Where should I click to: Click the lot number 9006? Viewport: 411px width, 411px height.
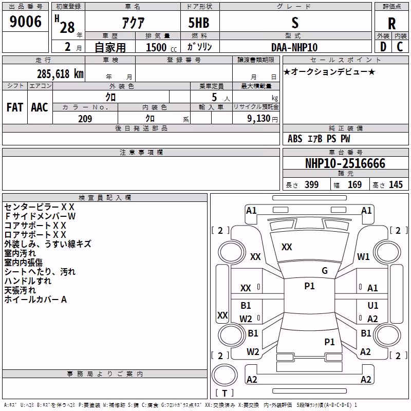click(x=25, y=22)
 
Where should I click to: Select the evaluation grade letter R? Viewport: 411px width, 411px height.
click(x=391, y=24)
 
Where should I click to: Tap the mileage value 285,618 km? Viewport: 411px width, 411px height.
click(x=60, y=74)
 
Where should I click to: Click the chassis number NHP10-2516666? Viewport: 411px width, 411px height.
click(x=345, y=163)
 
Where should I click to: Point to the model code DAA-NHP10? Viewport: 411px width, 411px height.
click(x=294, y=47)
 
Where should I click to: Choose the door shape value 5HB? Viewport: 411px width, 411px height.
click(x=199, y=23)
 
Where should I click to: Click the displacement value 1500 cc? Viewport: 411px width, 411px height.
click(x=161, y=47)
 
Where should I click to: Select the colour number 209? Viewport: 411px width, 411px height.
click(x=85, y=119)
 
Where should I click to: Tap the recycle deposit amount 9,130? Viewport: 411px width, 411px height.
click(x=259, y=119)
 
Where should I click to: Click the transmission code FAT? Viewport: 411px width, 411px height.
click(x=15, y=107)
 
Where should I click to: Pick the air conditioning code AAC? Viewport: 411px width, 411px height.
click(x=40, y=107)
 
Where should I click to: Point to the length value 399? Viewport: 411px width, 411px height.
click(x=312, y=184)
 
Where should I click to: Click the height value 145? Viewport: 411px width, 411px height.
click(x=396, y=184)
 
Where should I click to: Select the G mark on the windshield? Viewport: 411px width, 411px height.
click(x=325, y=271)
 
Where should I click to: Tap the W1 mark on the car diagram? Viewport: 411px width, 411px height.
click(x=363, y=256)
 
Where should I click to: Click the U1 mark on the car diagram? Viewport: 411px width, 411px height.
click(x=373, y=305)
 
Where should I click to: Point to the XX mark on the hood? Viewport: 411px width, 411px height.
click(x=287, y=247)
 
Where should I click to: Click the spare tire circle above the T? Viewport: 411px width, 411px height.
click(x=225, y=375)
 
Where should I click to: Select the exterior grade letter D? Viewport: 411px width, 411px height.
click(x=383, y=47)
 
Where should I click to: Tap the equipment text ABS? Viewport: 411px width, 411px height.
click(x=295, y=139)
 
